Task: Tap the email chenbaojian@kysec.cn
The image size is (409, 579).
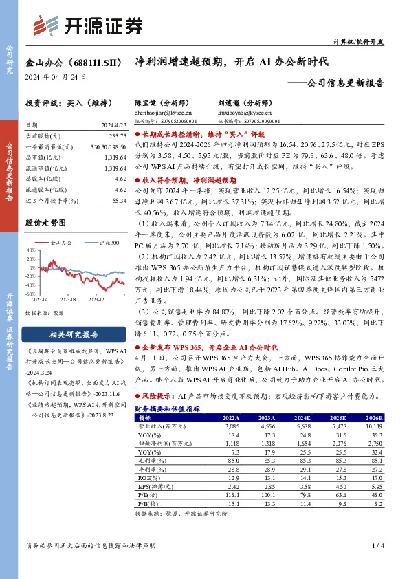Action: (x=163, y=111)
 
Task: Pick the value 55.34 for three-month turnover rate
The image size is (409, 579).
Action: (x=118, y=201)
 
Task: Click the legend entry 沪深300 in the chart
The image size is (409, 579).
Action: (x=109, y=243)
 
